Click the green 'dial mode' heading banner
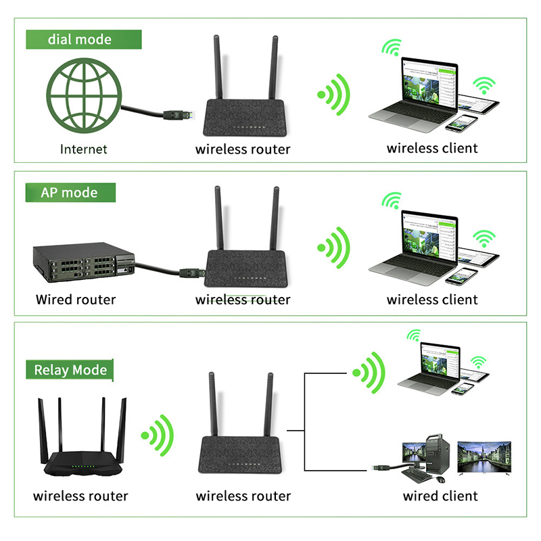click(80, 39)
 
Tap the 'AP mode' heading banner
click(70, 193)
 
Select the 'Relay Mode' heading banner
click(70, 370)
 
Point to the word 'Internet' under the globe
click(84, 149)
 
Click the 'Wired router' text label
click(76, 299)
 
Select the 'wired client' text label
click(440, 496)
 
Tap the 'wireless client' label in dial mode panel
click(432, 148)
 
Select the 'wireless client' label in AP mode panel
click(432, 299)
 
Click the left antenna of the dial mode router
click(218, 68)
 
